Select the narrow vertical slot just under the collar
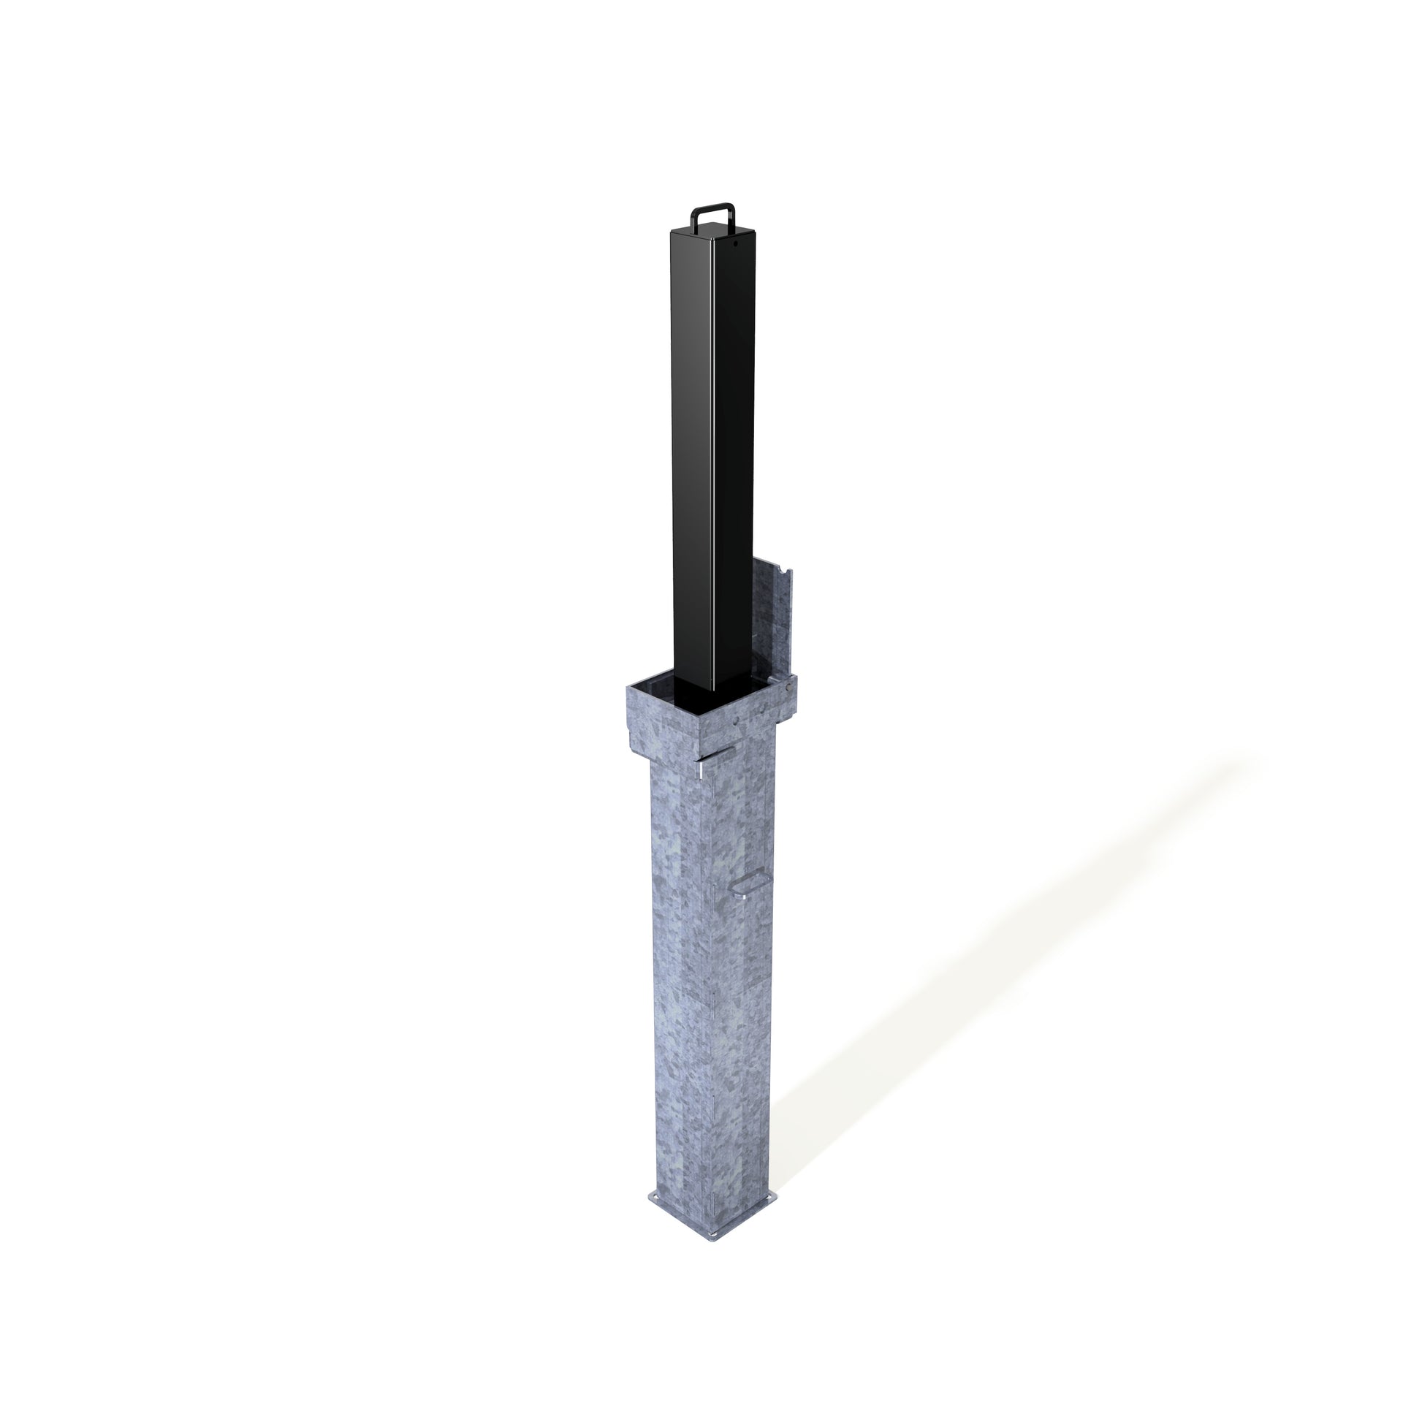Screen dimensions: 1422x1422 [700, 770]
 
